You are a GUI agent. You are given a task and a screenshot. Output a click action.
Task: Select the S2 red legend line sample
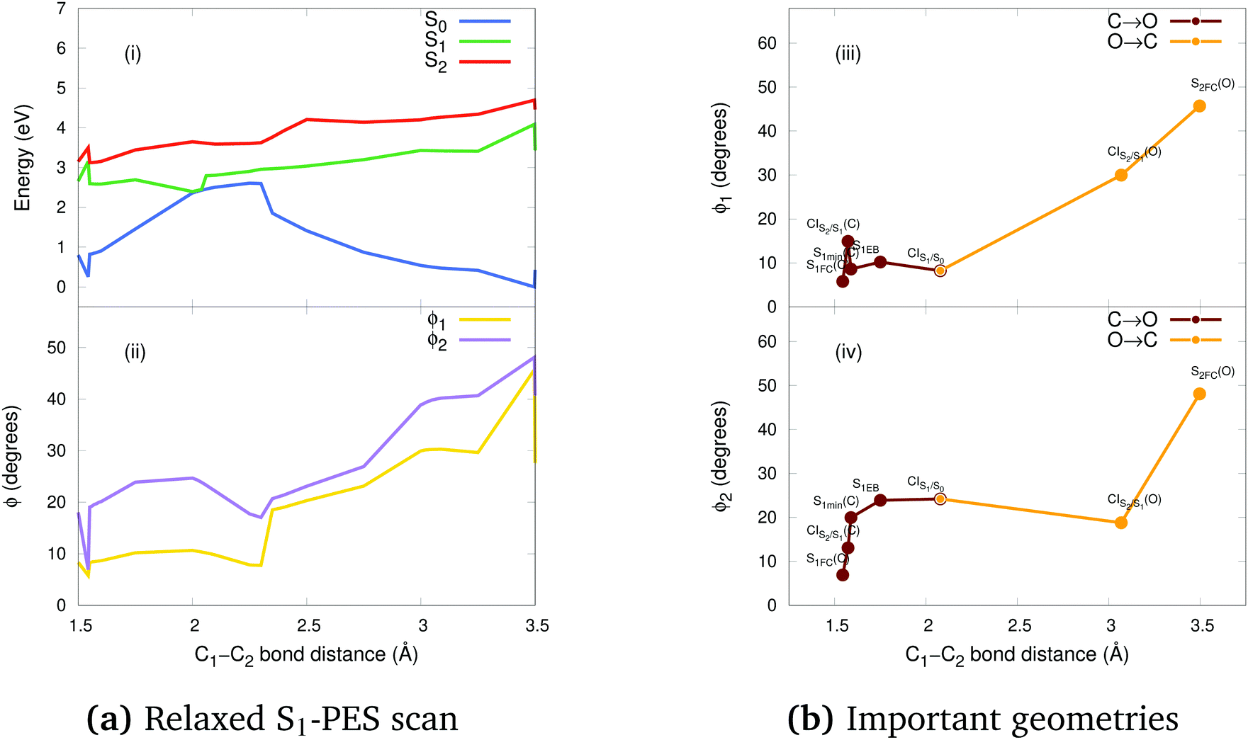pyautogui.click(x=485, y=62)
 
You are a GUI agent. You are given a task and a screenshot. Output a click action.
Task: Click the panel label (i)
pyautogui.click(x=133, y=54)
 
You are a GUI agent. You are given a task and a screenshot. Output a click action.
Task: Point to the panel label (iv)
pyautogui.click(x=848, y=352)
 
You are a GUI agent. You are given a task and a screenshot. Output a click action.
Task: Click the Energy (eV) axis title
pyautogui.click(x=23, y=158)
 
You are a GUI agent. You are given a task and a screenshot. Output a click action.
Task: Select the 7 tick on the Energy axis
pyautogui.click(x=62, y=9)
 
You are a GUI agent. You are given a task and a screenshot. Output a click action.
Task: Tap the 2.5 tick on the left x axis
pyautogui.click(x=308, y=626)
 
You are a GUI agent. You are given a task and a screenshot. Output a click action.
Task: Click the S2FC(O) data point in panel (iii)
pyautogui.click(x=1199, y=106)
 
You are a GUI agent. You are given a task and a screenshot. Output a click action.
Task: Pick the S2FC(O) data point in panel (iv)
pyautogui.click(x=1199, y=394)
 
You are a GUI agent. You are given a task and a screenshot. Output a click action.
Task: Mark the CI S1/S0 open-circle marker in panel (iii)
pyautogui.click(x=940, y=271)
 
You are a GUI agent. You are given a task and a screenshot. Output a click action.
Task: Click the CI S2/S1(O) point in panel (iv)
pyautogui.click(x=1121, y=523)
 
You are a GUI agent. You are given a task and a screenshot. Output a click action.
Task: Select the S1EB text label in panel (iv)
pyautogui.click(x=865, y=486)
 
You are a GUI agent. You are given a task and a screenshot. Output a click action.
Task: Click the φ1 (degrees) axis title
pyautogui.click(x=721, y=158)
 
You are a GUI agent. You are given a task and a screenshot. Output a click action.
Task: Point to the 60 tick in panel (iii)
pyautogui.click(x=768, y=43)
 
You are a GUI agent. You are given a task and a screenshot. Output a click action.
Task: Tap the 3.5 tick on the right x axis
pyautogui.click(x=1202, y=626)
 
